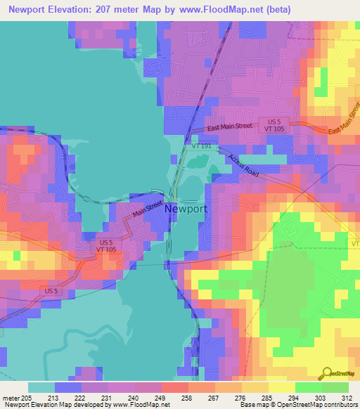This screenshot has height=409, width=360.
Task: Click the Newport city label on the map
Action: [186, 209]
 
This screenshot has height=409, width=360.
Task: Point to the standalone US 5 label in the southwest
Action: [51, 291]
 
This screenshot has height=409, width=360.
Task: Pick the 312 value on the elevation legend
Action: [347, 398]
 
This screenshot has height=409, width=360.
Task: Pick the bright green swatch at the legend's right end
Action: [335, 387]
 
